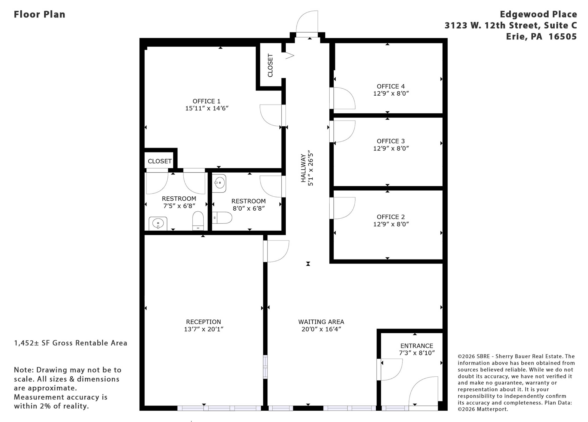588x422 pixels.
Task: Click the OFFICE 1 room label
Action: (x=206, y=101)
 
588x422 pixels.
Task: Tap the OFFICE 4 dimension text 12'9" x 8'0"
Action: (x=391, y=93)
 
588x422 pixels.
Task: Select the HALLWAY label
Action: (x=303, y=168)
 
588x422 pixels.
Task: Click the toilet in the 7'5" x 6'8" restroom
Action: (x=198, y=221)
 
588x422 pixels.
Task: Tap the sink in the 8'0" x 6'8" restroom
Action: (x=219, y=183)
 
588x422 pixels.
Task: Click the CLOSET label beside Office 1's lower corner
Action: (x=160, y=161)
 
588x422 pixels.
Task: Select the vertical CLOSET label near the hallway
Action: (x=270, y=65)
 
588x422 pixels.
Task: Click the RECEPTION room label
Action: (x=204, y=322)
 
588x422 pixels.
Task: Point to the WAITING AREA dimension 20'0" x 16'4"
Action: (x=321, y=329)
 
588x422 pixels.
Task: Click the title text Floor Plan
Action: (x=39, y=14)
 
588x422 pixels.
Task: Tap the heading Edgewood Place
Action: (x=538, y=14)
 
